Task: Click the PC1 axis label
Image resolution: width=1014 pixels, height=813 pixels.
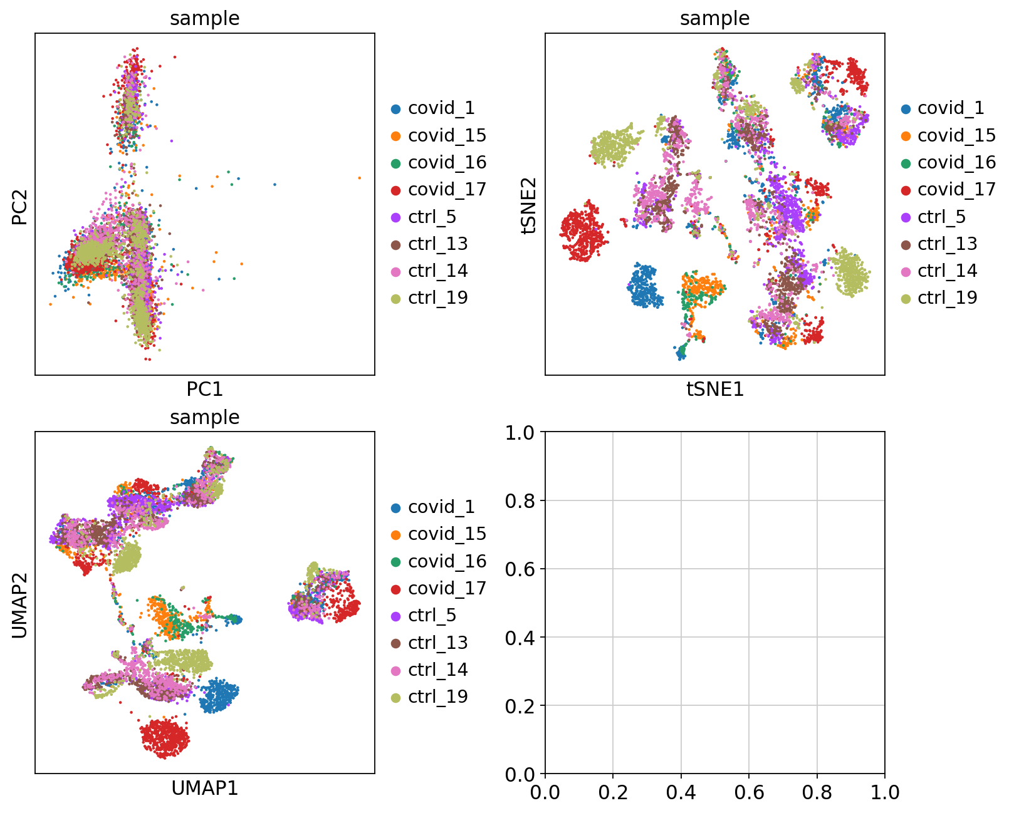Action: coord(204,390)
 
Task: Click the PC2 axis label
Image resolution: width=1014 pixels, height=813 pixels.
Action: coord(20,205)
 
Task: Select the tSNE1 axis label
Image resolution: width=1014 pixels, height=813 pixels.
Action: coord(714,390)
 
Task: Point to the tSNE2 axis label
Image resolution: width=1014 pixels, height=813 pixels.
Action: coord(530,205)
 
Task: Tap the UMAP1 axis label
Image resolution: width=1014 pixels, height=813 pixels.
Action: coord(204,788)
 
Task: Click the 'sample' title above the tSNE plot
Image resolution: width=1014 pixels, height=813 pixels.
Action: coord(714,19)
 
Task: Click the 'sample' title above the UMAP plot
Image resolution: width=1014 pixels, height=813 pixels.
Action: coord(204,417)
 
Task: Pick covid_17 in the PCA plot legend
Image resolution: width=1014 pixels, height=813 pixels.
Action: coord(447,189)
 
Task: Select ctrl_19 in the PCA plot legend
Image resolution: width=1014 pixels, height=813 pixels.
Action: coord(438,298)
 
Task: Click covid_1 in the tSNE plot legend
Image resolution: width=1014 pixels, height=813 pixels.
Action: coord(951,108)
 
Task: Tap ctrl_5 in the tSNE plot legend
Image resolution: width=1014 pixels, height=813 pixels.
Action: coord(941,217)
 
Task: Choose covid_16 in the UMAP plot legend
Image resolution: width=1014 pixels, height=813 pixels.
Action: coord(447,561)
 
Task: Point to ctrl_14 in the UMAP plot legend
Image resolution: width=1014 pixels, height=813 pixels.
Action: coord(438,670)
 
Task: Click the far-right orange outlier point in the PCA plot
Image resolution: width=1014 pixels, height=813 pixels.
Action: coord(359,178)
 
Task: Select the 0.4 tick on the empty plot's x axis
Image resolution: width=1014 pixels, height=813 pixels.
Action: coord(681,792)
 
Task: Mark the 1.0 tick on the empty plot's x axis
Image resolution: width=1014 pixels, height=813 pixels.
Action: coord(884,792)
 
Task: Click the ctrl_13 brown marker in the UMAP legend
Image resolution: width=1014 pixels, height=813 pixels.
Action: coord(395,643)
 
